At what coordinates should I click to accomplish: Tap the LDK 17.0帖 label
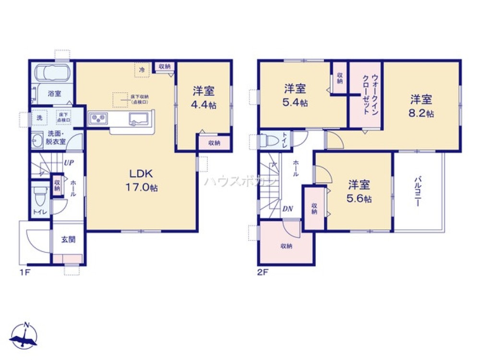(x=142, y=180)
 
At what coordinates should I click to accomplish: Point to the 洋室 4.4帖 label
(x=204, y=97)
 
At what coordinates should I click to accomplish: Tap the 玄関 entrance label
(x=68, y=240)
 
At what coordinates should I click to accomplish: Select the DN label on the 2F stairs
(x=288, y=208)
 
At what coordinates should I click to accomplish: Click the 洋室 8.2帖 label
(x=421, y=106)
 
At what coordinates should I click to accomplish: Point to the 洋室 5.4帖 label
(x=295, y=95)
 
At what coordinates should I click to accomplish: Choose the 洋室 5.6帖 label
(x=359, y=192)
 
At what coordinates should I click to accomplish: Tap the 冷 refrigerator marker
(x=142, y=70)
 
